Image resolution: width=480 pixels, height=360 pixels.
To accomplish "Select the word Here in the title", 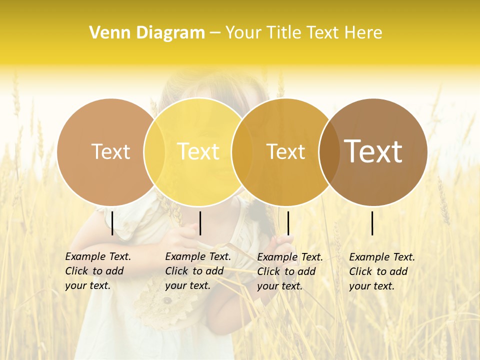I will [x=364, y=33].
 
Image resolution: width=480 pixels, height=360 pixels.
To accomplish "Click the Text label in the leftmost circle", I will [x=110, y=151].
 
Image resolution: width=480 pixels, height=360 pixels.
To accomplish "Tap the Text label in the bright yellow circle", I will [x=198, y=151].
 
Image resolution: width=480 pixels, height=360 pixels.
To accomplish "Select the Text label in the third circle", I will [x=285, y=152].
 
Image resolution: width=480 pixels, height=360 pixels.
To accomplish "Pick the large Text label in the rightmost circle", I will [x=373, y=151].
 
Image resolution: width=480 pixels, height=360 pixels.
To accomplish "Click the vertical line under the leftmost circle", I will [x=112, y=223].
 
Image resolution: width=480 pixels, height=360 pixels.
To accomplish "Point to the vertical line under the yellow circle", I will [x=200, y=223].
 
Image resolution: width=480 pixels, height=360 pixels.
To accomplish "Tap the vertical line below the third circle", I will [x=288, y=223].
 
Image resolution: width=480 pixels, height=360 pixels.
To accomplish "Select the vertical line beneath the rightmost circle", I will [x=372, y=223].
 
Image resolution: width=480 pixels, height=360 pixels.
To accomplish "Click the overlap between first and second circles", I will [x=154, y=151].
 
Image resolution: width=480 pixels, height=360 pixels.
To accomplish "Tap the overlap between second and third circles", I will [x=242, y=151].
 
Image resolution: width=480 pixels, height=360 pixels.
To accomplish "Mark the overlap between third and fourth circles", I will [x=329, y=151].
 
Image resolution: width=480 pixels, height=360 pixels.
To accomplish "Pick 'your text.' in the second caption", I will [x=187, y=285].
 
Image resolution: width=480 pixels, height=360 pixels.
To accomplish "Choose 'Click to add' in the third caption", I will [x=286, y=271].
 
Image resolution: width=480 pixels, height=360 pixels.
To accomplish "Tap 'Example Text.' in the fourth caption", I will [x=382, y=257].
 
